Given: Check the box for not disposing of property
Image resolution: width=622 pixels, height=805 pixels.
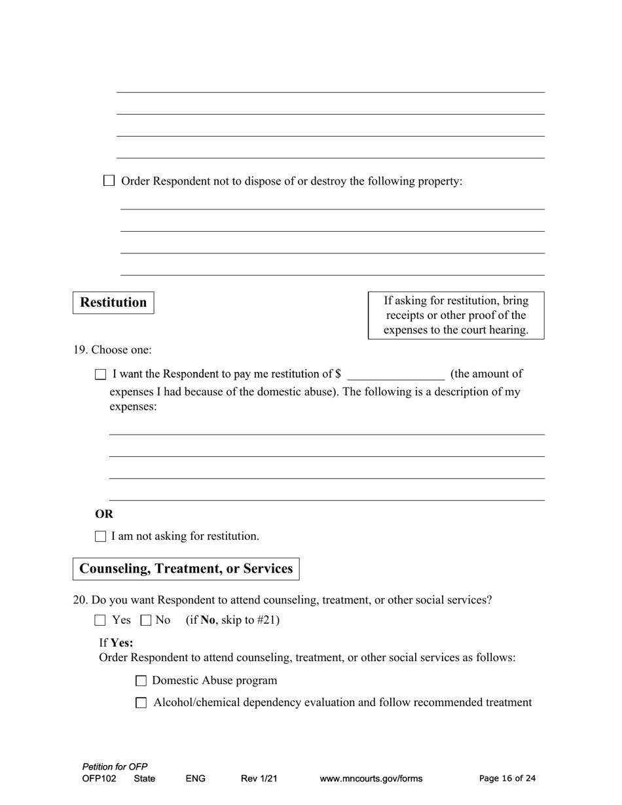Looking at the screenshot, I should pyautogui.click(x=109, y=181).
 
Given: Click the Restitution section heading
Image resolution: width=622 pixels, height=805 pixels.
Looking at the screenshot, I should pyautogui.click(x=113, y=302).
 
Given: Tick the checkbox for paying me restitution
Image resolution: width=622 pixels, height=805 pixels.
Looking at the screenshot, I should pyautogui.click(x=100, y=374).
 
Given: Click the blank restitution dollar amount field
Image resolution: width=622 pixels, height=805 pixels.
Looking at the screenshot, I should pyautogui.click(x=396, y=374).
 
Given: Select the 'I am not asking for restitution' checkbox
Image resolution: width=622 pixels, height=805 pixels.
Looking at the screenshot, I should pyautogui.click(x=100, y=537).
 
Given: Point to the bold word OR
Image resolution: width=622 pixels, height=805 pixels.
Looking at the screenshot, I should pyautogui.click(x=104, y=514).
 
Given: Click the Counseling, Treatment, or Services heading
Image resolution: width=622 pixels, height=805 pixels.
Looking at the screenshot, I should pyautogui.click(x=186, y=569).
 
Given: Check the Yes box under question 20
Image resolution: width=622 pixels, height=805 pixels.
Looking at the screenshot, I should pyautogui.click(x=100, y=620).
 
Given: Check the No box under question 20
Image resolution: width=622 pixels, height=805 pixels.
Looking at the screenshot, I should pyautogui.click(x=146, y=620).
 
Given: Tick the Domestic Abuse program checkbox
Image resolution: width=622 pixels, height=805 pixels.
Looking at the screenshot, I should pyautogui.click(x=141, y=681).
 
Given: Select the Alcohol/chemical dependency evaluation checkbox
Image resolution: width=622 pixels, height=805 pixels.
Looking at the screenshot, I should pyautogui.click(x=141, y=703).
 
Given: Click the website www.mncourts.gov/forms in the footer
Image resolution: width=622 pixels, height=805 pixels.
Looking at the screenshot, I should pyautogui.click(x=371, y=779).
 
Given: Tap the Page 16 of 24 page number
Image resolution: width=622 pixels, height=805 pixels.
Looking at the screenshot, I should pyautogui.click(x=507, y=779).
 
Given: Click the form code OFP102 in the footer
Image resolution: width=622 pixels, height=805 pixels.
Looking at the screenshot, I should pyautogui.click(x=100, y=779).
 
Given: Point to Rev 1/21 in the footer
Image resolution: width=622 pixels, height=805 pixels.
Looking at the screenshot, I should pyautogui.click(x=259, y=779).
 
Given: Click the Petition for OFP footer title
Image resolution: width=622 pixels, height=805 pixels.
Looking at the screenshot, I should pyautogui.click(x=115, y=766).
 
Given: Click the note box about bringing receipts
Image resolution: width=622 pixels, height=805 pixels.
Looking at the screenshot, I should pyautogui.click(x=456, y=315).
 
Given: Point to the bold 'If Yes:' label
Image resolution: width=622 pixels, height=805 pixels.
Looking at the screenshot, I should pyautogui.click(x=116, y=643).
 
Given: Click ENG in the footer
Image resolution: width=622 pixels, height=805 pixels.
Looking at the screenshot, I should pyautogui.click(x=196, y=779).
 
